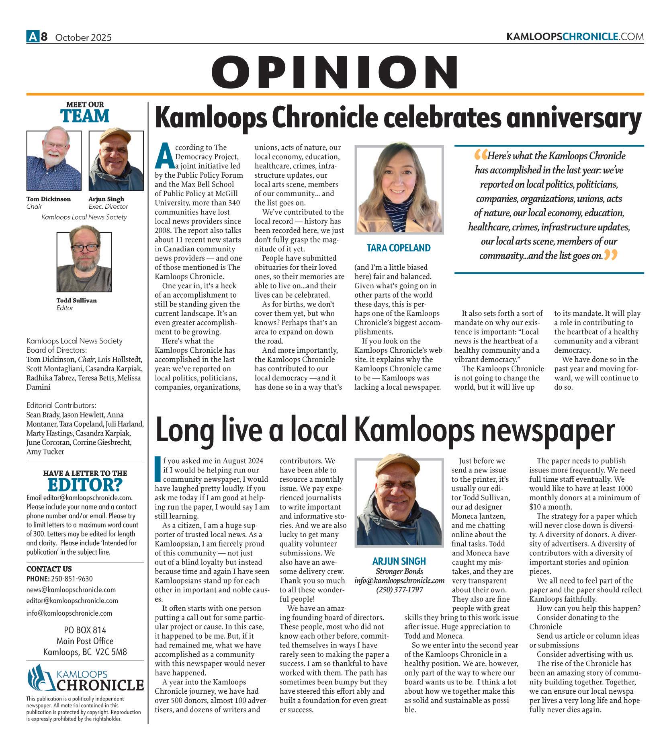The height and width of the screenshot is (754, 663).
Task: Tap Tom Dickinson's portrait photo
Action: tap(54, 160)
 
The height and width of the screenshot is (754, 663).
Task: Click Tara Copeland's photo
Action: tap(399, 189)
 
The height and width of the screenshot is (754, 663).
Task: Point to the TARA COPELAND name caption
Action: tap(399, 248)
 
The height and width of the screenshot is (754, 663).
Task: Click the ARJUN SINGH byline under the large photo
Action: tap(399, 561)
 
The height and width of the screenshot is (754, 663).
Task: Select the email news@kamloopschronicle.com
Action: tap(71, 590)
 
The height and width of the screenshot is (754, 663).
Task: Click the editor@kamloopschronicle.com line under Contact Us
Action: tap(72, 600)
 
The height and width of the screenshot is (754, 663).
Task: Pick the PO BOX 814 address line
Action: tap(85, 630)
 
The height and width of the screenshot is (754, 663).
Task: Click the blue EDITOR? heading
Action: tap(85, 485)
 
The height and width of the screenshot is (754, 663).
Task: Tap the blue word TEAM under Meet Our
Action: tap(85, 116)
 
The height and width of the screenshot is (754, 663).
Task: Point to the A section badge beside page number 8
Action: tap(32, 37)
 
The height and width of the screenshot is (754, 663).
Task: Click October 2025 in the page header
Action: tap(83, 38)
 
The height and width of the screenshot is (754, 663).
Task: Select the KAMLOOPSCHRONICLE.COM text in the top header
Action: tap(575, 37)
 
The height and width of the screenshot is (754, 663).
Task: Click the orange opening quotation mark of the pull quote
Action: tap(480, 155)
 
